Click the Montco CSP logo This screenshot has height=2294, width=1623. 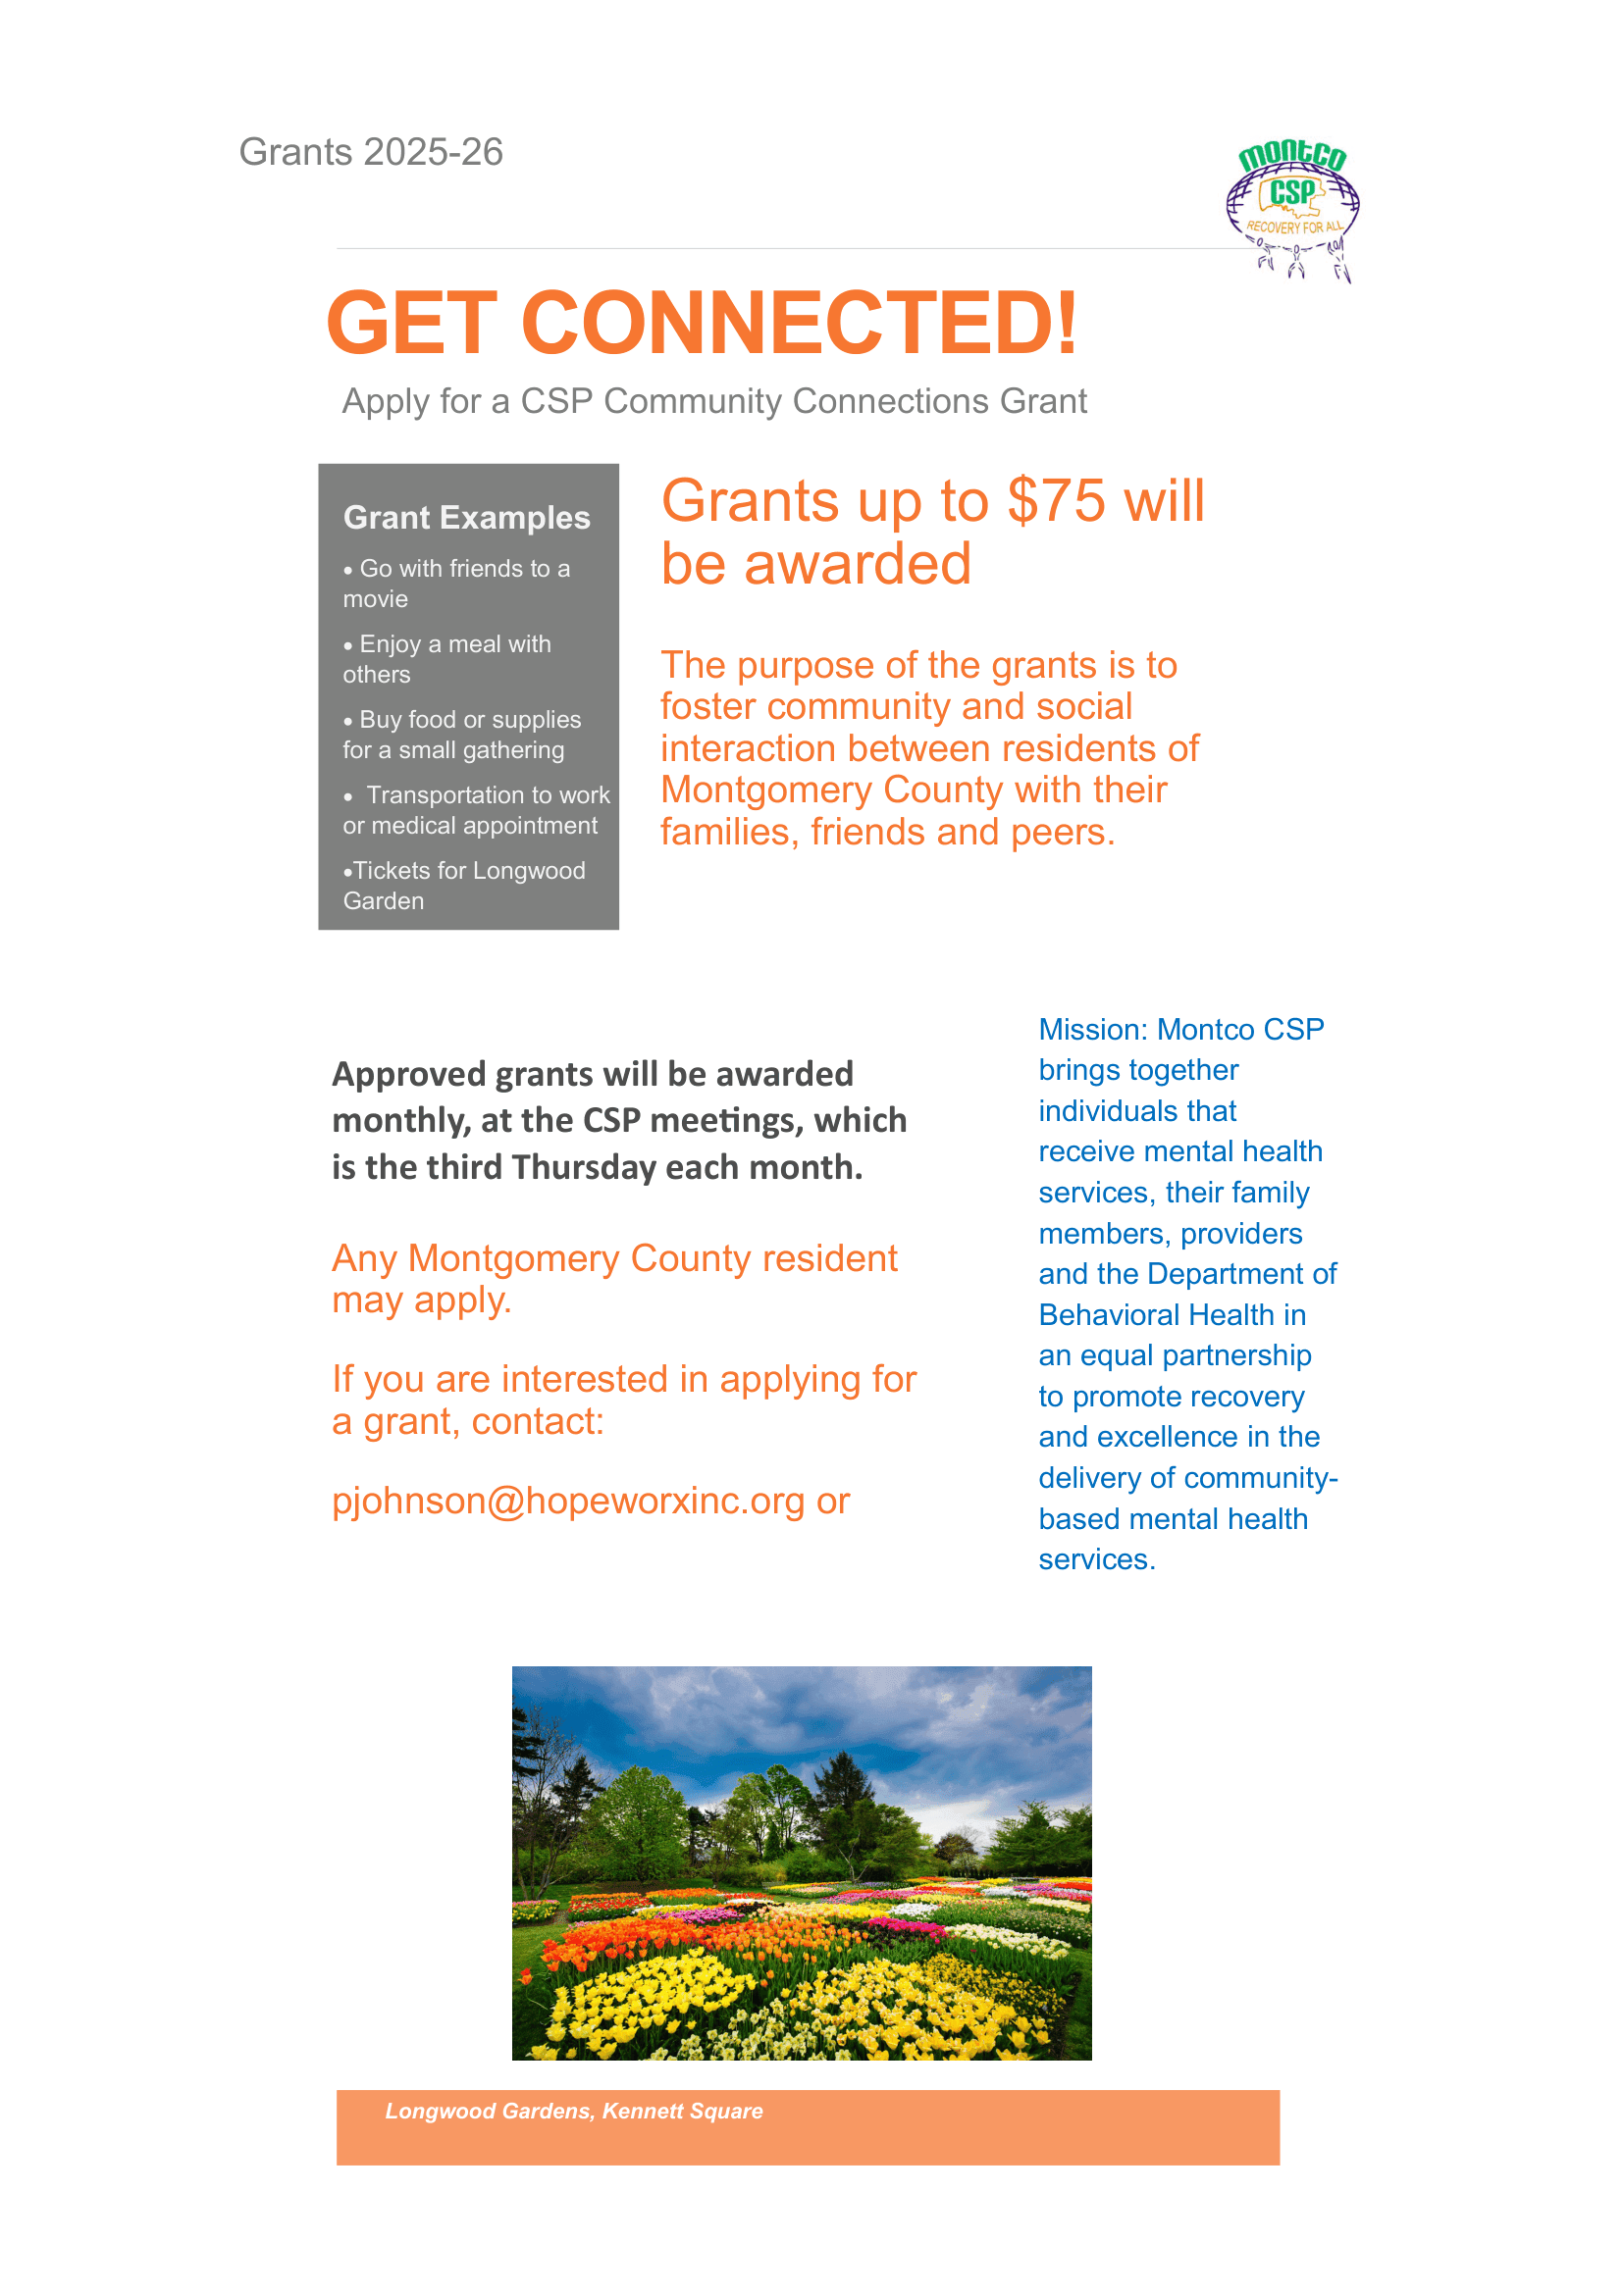pos(1291,207)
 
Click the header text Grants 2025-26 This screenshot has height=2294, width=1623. pos(371,152)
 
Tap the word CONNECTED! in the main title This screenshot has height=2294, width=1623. pos(799,323)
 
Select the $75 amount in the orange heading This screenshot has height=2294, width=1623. pos(1057,500)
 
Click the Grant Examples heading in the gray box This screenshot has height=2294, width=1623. pos(467,518)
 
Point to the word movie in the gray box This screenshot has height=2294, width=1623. pos(375,599)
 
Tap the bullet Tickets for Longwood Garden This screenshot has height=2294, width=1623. pos(464,886)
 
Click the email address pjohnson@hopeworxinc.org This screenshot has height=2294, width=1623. pos(567,1501)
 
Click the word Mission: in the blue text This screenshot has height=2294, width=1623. pos(1092,1029)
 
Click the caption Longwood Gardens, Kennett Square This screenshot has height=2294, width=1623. pos(574,2112)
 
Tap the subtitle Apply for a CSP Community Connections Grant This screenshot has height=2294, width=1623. pos(713,401)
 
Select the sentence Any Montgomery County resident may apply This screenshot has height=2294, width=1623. pos(613,1279)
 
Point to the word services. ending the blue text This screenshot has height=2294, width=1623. pos(1096,1559)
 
